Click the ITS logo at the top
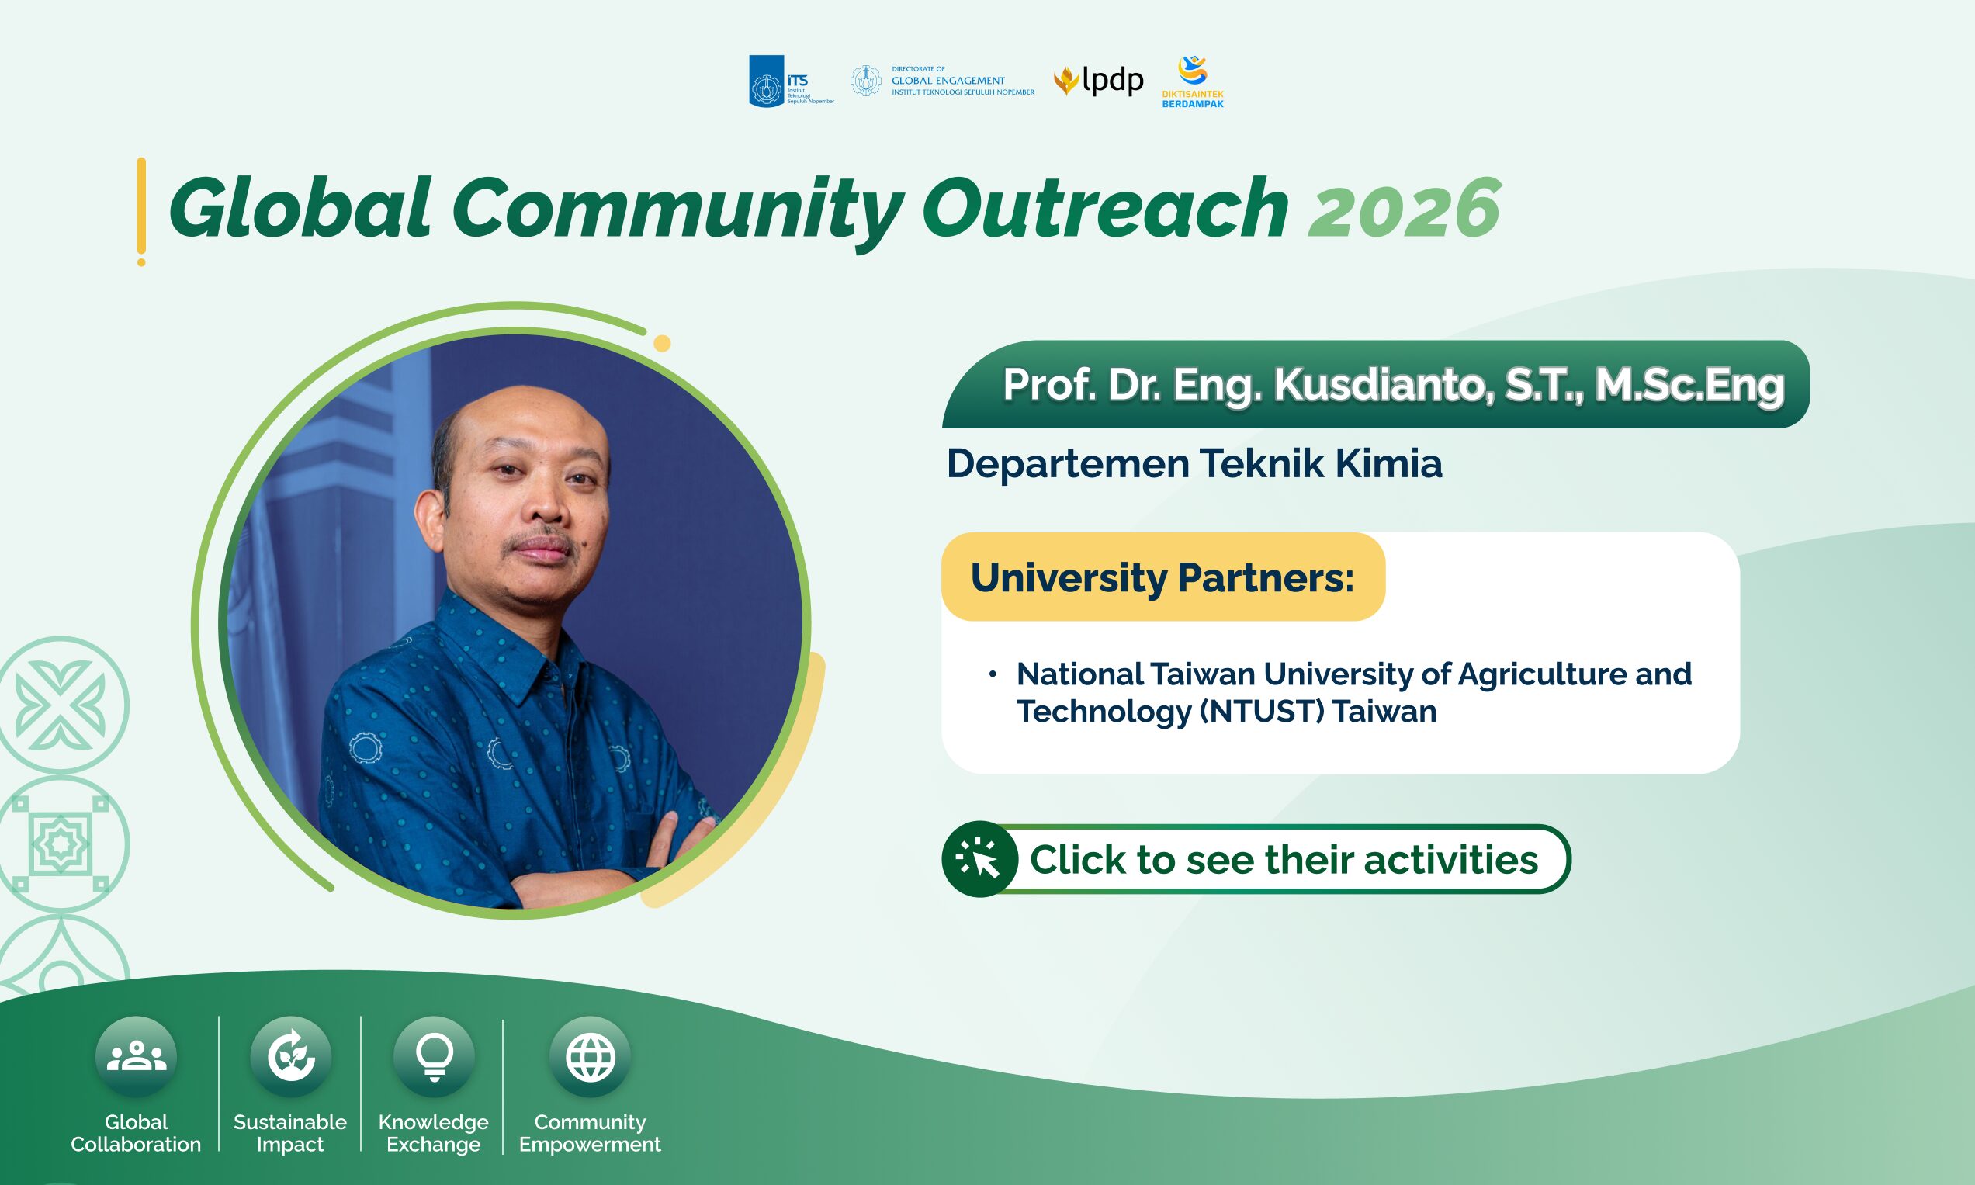tap(791, 81)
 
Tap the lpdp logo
tap(1098, 81)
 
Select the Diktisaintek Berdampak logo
tap(1193, 81)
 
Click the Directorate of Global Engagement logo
tap(942, 81)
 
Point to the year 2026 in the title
tap(1404, 209)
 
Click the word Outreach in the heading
tap(1105, 209)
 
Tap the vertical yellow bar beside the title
tap(141, 211)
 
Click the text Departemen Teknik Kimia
tap(1194, 463)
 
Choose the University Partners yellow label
tap(1163, 577)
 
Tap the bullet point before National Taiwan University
tap(993, 674)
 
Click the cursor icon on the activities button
tap(979, 859)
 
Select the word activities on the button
tap(1450, 860)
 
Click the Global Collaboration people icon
tap(136, 1056)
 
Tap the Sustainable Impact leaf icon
tap(290, 1056)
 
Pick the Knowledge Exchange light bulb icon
tap(435, 1056)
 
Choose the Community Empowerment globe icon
tap(590, 1056)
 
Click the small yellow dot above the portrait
tap(662, 343)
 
